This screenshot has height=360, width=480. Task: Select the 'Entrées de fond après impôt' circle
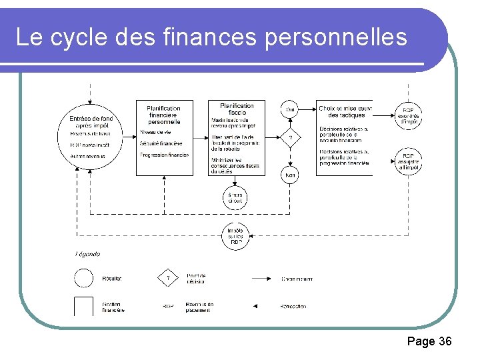(x=92, y=137)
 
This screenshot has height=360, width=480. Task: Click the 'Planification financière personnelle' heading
(x=164, y=115)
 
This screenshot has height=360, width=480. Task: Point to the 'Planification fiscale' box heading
(x=237, y=109)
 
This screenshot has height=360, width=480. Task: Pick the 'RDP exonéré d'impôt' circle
(x=409, y=115)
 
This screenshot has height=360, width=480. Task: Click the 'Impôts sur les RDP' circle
(x=237, y=234)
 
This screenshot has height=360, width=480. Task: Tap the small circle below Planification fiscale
(x=237, y=197)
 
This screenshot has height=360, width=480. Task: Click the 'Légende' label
(x=87, y=254)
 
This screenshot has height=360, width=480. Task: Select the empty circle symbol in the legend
(x=84, y=277)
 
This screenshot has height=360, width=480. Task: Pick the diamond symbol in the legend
(x=169, y=277)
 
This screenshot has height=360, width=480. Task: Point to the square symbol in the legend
(x=84, y=306)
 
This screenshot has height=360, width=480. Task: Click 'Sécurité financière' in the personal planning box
(x=161, y=143)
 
